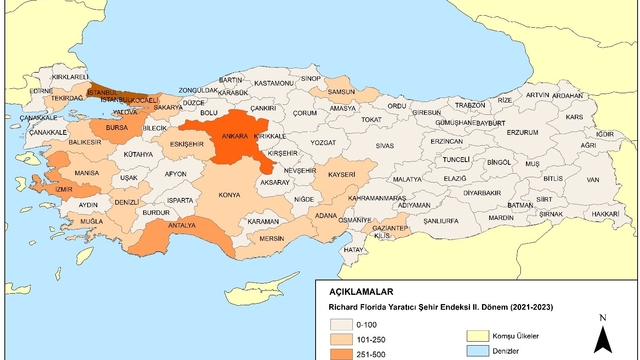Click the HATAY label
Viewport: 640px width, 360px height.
tap(353, 249)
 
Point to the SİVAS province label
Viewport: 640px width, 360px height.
tap(385, 146)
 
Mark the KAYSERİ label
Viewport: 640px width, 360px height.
tap(341, 175)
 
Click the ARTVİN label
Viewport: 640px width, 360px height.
tap(538, 95)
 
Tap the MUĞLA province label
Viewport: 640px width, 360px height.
tap(92, 220)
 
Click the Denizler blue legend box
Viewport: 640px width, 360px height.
tap(471, 352)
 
